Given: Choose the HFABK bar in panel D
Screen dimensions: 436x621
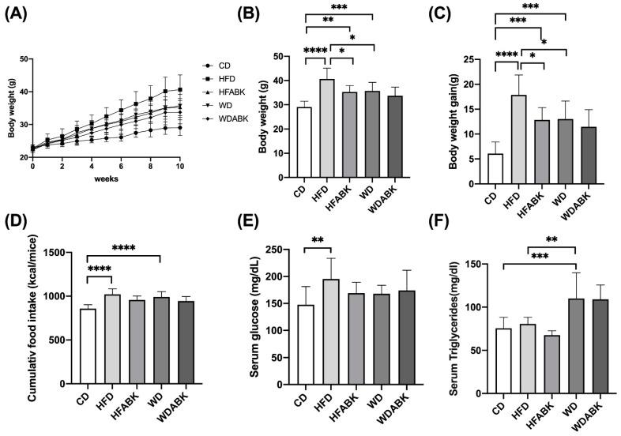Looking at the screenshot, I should (x=138, y=352).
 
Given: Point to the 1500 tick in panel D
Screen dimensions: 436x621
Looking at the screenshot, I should (x=70, y=253).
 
